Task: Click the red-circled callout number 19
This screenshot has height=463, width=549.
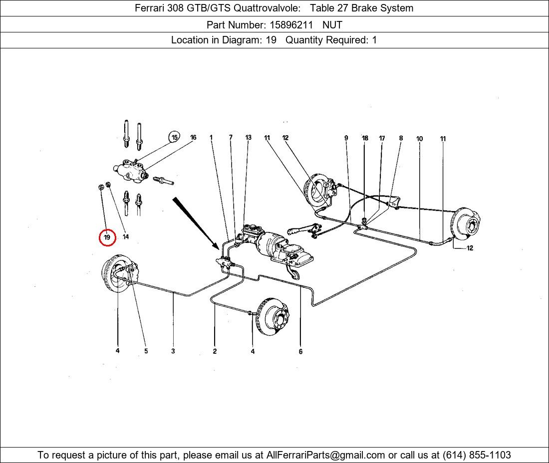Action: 107,237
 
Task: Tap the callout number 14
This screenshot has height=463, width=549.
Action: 125,237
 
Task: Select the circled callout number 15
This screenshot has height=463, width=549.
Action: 174,138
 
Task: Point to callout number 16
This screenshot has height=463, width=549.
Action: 193,138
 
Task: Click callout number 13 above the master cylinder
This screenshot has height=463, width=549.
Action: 249,138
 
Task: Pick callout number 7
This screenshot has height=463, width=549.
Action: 231,138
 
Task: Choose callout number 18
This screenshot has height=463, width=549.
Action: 365,138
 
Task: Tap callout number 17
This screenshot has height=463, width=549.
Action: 382,138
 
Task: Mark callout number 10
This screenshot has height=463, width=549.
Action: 419,139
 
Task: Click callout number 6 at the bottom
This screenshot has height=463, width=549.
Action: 300,351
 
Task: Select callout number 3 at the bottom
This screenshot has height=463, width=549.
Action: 173,351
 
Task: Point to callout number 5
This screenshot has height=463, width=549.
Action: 146,351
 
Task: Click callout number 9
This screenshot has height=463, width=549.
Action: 346,138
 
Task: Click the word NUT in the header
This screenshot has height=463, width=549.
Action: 332,24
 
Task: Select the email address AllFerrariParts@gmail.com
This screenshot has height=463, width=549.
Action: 326,455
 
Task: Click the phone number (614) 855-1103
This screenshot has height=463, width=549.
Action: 477,455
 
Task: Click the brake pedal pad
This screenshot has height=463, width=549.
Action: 295,275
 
